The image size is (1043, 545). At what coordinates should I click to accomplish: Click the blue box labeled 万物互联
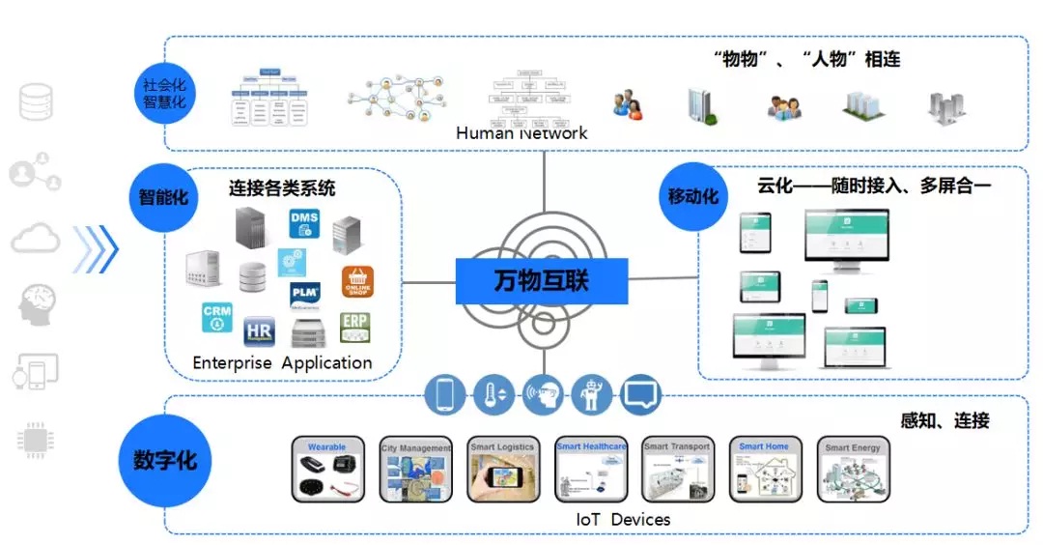tap(541, 281)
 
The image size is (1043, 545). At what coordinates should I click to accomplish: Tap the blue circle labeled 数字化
tap(164, 460)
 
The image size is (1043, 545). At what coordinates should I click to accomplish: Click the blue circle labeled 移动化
tap(693, 196)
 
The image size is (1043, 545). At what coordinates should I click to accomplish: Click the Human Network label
tap(521, 133)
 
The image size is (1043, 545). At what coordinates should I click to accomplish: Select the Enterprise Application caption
tap(282, 363)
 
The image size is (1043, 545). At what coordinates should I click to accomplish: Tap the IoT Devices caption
tap(623, 520)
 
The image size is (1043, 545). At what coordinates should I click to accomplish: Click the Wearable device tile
tap(327, 470)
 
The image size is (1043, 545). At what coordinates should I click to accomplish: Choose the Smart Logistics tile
tap(502, 470)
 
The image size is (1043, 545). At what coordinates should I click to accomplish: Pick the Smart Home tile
tap(764, 470)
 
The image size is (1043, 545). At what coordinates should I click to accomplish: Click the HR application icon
tap(260, 331)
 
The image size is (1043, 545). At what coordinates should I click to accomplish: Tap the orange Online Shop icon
tap(357, 282)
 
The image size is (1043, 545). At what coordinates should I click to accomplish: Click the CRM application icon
tap(217, 317)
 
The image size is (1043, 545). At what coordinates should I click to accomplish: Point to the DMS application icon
tap(304, 224)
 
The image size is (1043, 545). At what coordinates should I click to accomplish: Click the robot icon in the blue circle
tap(591, 394)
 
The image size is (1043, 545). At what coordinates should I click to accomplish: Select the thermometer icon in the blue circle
tap(493, 394)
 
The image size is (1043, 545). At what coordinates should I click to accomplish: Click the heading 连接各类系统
tap(282, 187)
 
